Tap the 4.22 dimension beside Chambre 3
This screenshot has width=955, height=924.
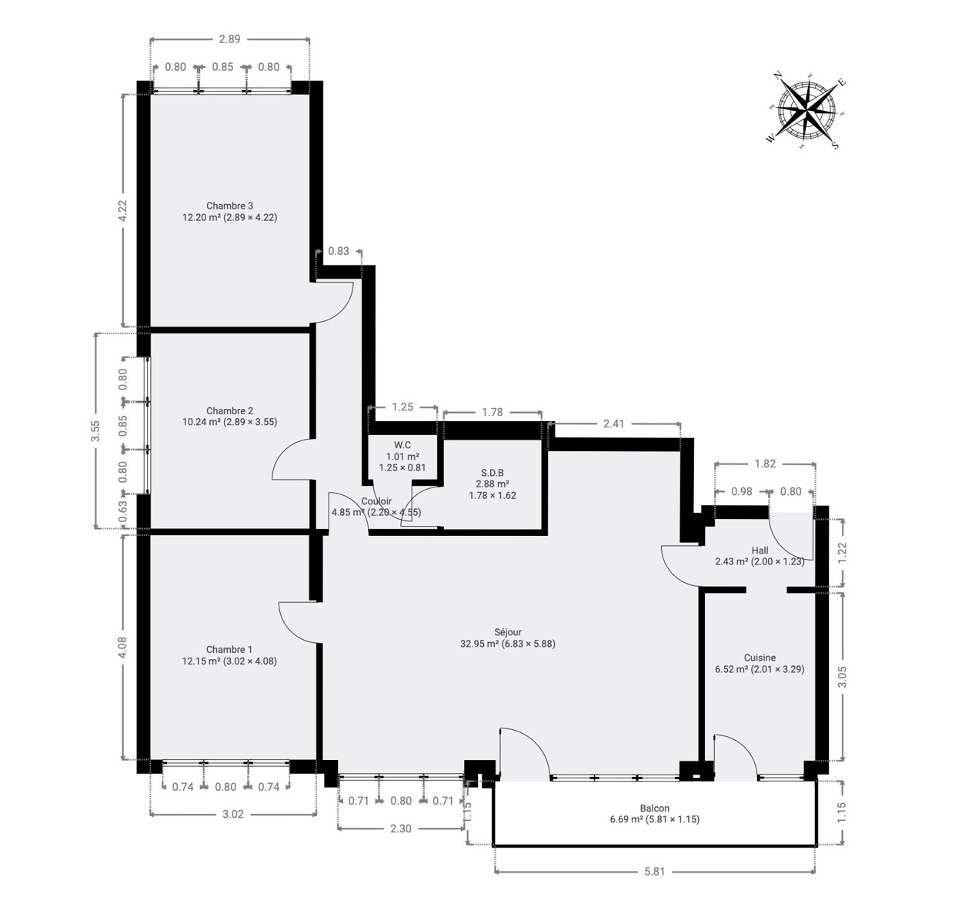coord(122,210)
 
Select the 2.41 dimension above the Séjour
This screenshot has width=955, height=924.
coord(613,423)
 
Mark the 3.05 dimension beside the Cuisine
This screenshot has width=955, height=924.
coord(842,676)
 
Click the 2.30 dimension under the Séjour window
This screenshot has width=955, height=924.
coord(400,829)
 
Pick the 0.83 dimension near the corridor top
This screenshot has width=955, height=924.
coord(338,251)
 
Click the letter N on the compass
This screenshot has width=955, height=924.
coord(777,75)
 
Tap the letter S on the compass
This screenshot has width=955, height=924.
coord(835,146)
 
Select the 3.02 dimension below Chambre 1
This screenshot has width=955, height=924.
coord(232,814)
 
